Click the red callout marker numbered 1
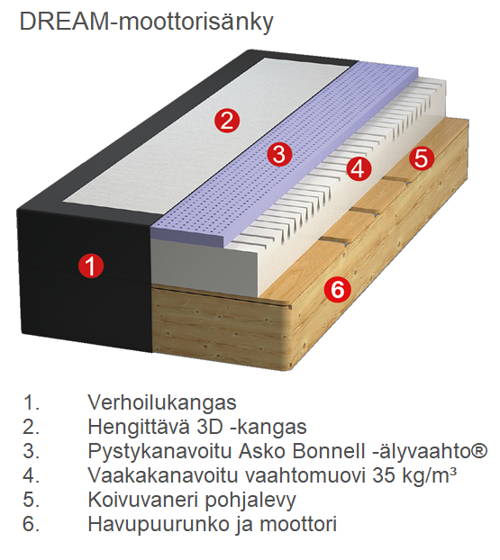click(91, 266)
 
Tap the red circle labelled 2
click(227, 120)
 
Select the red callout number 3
click(279, 155)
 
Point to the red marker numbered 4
click(359, 169)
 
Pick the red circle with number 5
click(422, 158)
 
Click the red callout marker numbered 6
click(337, 289)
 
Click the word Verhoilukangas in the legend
click(162, 402)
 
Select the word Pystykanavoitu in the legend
click(160, 452)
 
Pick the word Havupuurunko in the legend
click(159, 525)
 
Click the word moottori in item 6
click(298, 524)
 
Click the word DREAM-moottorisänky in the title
click(146, 23)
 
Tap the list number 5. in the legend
click(32, 500)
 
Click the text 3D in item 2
click(210, 427)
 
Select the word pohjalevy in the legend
click(250, 501)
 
